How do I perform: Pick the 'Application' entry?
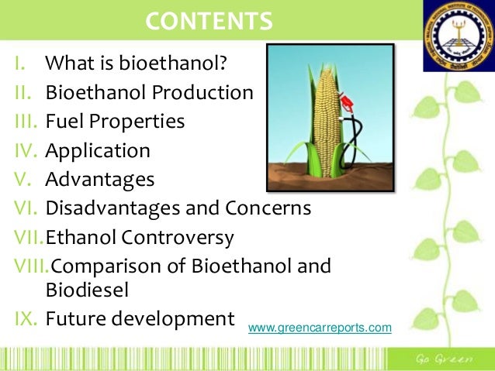[98, 150]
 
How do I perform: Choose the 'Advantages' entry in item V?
[100, 180]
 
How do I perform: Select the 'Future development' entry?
[140, 318]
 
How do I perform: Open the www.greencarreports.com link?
[320, 328]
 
